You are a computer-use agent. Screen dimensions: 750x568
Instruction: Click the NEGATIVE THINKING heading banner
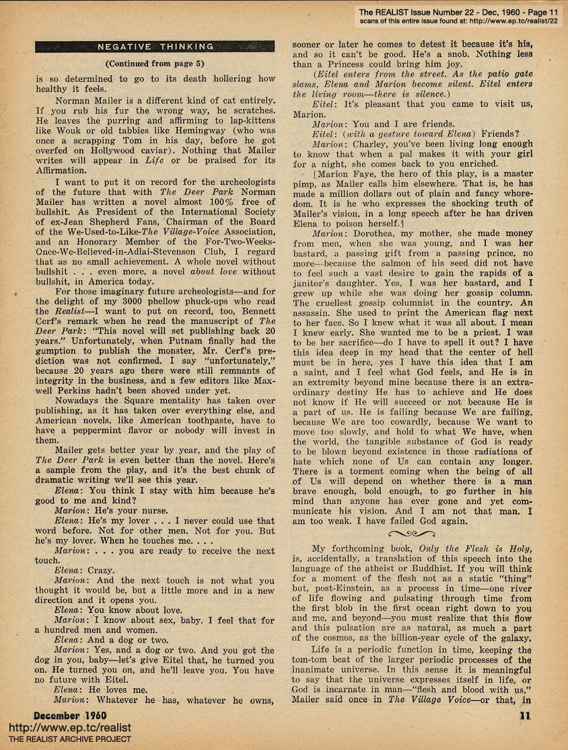[x=155, y=46]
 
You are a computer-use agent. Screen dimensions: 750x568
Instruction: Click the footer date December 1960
[x=69, y=714]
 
